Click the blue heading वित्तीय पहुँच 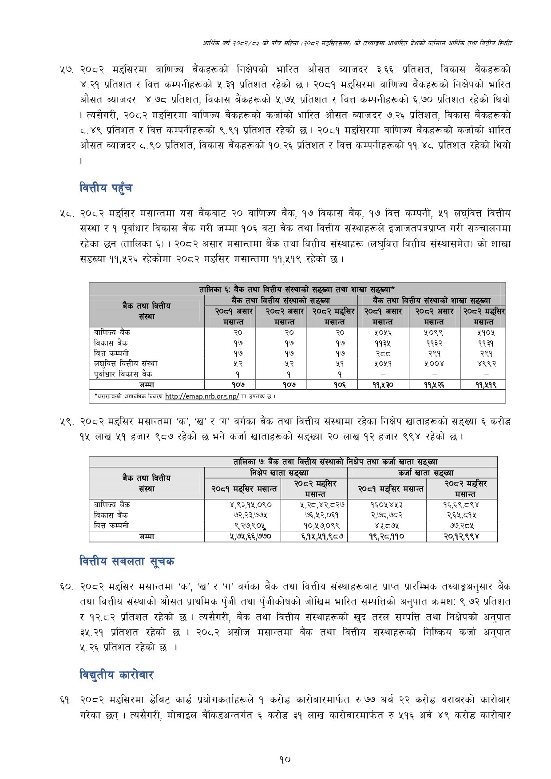106,188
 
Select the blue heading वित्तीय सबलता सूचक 127,562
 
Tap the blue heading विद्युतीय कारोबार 116,675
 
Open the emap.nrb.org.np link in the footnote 202,396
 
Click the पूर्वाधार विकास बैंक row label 123,374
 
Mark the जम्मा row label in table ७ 147,536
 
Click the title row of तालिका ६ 297,289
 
